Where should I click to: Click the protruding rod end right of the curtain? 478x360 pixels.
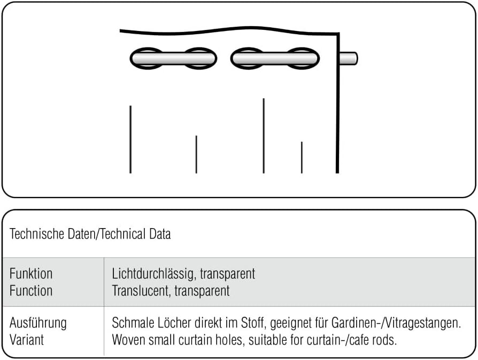pyautogui.click(x=350, y=58)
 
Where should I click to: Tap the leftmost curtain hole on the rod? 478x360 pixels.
pyautogui.click(x=146, y=58)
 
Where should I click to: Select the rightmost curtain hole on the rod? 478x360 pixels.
pyautogui.click(x=303, y=58)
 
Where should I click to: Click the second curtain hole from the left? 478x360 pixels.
pyautogui.click(x=200, y=58)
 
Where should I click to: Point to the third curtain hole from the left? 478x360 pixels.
pyautogui.click(x=248, y=58)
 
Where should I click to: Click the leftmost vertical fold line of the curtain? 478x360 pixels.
pyautogui.click(x=130, y=139)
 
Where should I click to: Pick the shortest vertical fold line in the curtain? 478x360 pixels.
pyautogui.click(x=302, y=158)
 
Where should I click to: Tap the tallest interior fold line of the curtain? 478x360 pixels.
pyautogui.click(x=264, y=136)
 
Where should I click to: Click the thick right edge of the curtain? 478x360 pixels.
pyautogui.click(x=338, y=107)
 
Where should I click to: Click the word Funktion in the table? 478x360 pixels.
pyautogui.click(x=31, y=274)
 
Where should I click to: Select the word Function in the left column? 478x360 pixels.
pyautogui.click(x=31, y=291)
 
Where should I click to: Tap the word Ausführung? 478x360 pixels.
pyautogui.click(x=38, y=323)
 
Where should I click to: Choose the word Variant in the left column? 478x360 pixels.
pyautogui.click(x=27, y=340)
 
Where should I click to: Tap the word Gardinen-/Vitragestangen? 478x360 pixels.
pyautogui.click(x=408, y=323)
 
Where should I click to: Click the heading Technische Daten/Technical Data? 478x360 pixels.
pyautogui.click(x=90, y=234)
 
